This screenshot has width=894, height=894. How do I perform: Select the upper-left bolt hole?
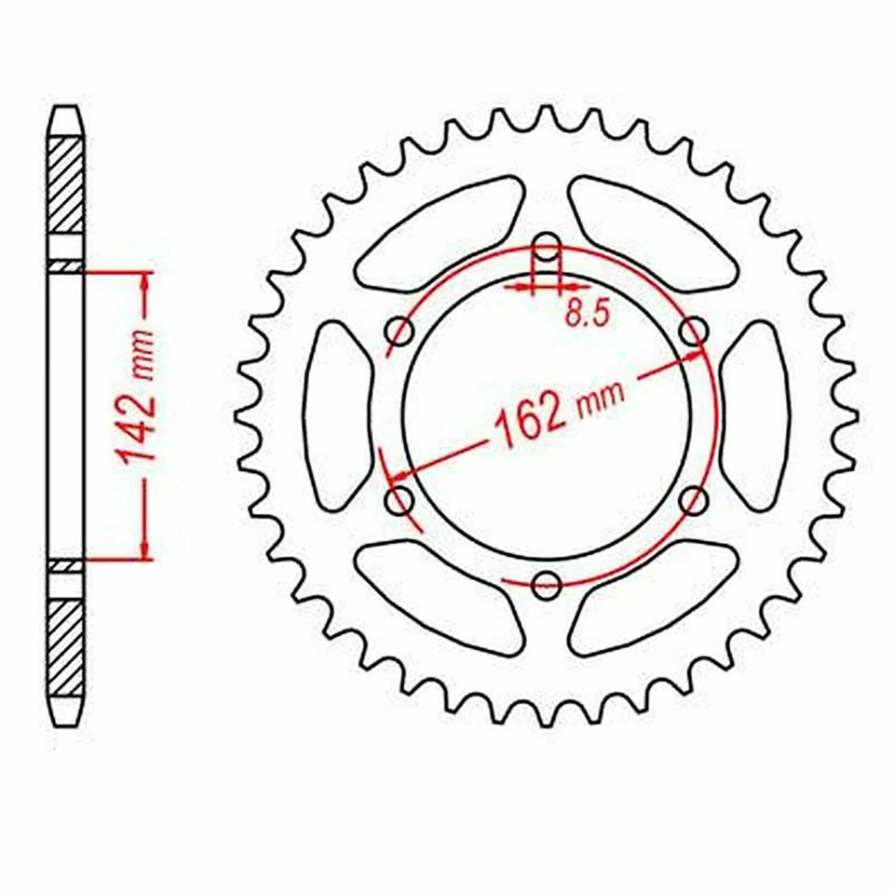pyautogui.click(x=400, y=331)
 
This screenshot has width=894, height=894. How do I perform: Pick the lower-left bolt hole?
pyautogui.click(x=400, y=501)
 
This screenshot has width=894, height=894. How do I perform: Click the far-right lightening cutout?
pyautogui.click(x=756, y=415)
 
